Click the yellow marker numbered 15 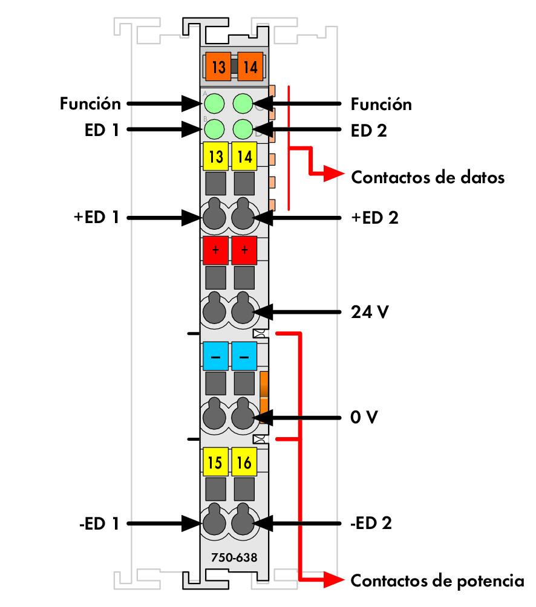click(215, 463)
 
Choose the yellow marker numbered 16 click(244, 463)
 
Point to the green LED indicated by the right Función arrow click(243, 103)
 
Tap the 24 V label click(370, 313)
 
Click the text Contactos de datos click(428, 178)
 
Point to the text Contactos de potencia click(437, 581)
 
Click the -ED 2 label click(371, 523)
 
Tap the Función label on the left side click(90, 104)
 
